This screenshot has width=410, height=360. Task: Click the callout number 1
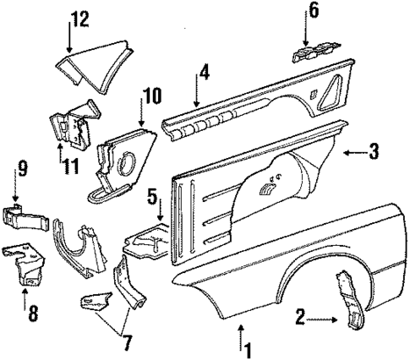248,346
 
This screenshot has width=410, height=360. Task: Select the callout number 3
374,152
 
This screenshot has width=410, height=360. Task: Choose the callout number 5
150,200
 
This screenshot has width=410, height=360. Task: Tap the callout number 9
22,167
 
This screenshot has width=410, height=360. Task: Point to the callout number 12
79,18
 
